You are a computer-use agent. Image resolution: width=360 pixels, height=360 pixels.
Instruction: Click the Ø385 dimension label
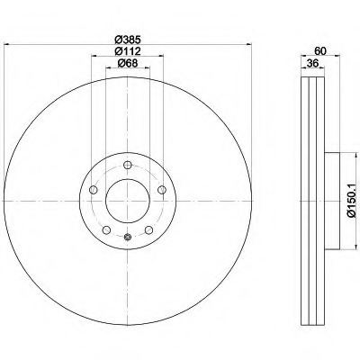coord(128,39)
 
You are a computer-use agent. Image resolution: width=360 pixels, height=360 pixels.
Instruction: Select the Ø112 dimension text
coord(128,51)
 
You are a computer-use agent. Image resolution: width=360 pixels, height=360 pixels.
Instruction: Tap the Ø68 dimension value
coord(128,63)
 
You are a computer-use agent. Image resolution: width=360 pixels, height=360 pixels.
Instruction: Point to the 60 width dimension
coord(320,51)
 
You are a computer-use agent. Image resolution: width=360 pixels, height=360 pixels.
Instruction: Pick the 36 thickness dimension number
coord(312,63)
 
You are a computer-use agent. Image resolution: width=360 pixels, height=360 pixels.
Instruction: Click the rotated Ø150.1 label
coord(352,201)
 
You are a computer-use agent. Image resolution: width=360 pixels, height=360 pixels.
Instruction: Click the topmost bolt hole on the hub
coord(128,165)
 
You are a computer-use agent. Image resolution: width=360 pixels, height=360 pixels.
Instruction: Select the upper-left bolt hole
coord(94,190)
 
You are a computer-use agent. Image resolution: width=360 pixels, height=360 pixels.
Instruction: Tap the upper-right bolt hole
coord(162,190)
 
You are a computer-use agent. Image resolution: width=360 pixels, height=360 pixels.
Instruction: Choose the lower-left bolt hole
coord(106,230)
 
